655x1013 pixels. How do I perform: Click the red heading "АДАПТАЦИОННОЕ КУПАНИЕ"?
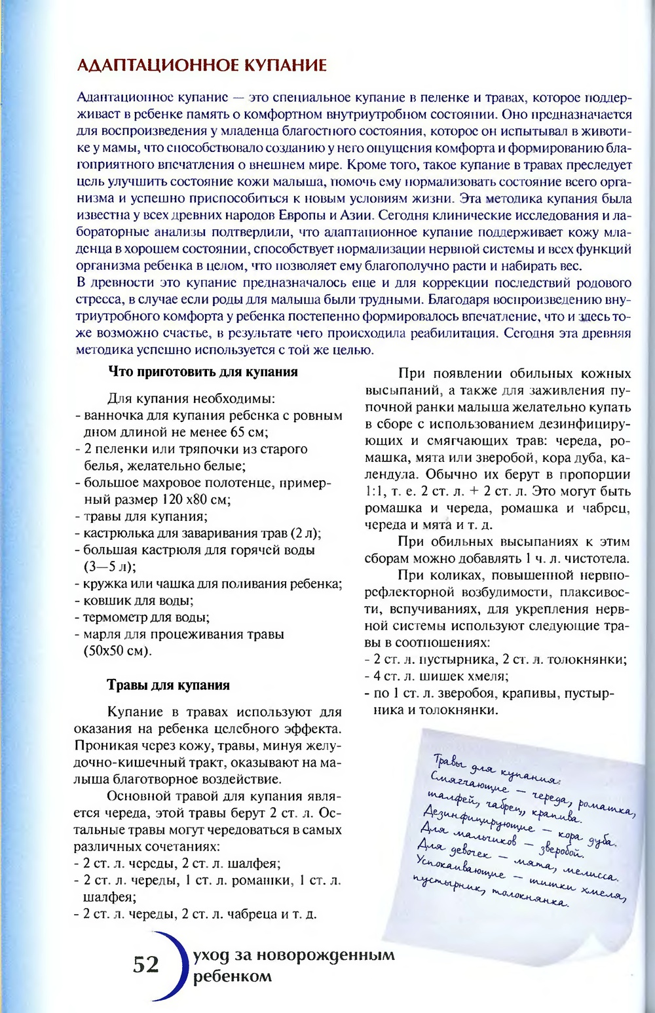202,66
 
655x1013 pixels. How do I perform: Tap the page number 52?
146,965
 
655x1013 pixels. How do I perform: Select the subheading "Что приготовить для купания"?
202,372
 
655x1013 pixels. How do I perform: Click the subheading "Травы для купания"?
168,685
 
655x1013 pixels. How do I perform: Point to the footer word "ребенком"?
233,976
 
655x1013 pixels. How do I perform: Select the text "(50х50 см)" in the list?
117,651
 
